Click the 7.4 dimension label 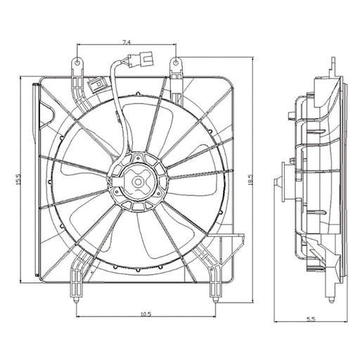point(127,42)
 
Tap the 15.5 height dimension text point(18,179)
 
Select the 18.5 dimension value point(250,180)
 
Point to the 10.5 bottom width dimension point(146,314)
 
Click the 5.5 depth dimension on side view point(311,319)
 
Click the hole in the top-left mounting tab point(77,63)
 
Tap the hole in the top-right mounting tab point(176,63)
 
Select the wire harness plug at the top point(140,60)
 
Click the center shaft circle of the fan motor point(138,181)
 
